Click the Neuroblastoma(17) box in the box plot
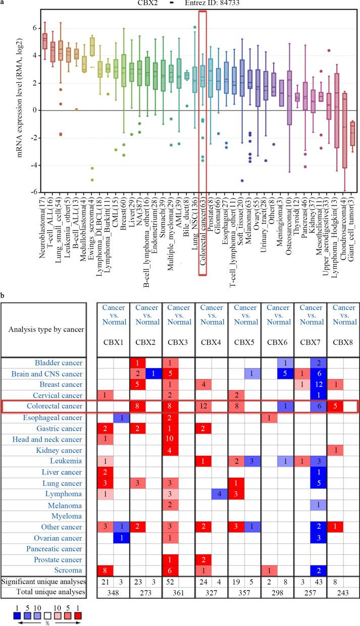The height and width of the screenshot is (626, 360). coord(44,39)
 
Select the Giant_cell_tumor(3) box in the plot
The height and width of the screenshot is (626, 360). coord(352,134)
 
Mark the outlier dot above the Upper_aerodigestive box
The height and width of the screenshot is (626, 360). coord(329,50)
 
